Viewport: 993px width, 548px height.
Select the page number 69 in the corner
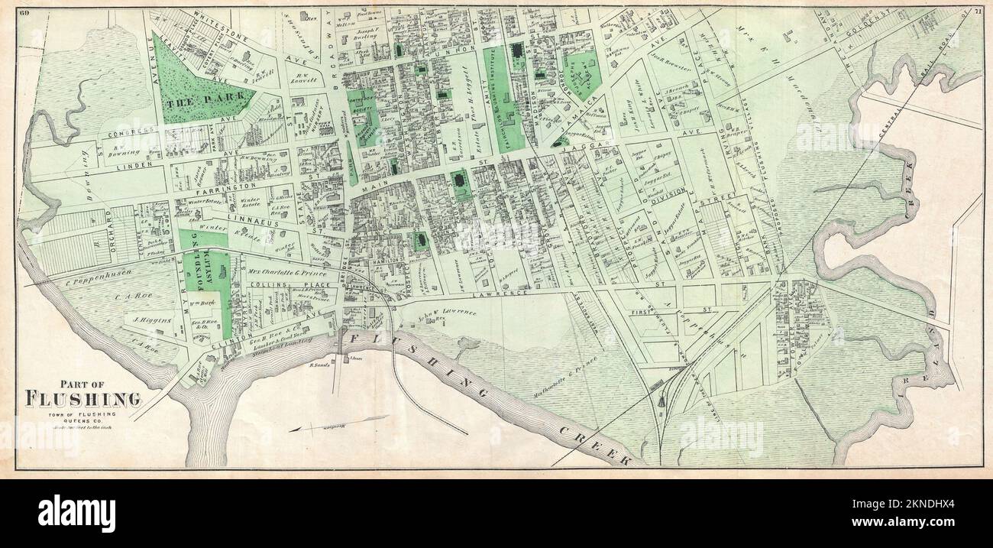pos(24,11)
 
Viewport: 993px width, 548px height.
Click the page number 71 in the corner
pos(978,11)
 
